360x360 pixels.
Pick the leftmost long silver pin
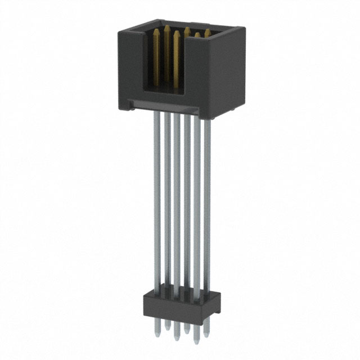(x=157, y=197)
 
